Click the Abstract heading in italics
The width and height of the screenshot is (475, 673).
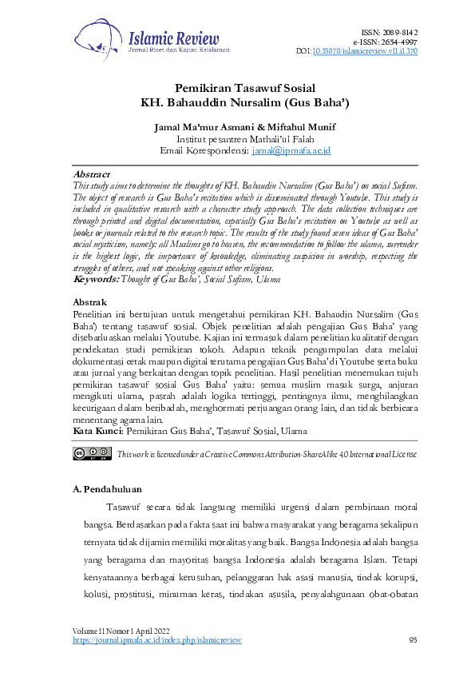click(x=92, y=173)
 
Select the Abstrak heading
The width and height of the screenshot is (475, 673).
click(x=90, y=302)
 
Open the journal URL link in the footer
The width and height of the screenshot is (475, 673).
click(x=156, y=640)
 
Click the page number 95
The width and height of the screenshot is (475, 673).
click(x=413, y=640)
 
